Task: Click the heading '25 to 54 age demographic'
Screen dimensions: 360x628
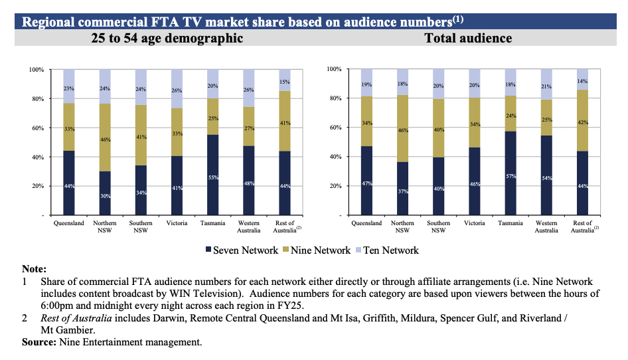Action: [x=167, y=39]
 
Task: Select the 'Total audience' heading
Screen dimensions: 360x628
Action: [x=468, y=39]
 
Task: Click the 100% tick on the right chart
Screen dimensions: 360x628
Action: [x=334, y=70]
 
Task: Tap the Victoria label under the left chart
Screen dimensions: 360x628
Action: [x=177, y=224]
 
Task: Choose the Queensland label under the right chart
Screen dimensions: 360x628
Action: [x=366, y=224]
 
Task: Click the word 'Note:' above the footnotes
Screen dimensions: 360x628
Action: [x=34, y=269]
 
